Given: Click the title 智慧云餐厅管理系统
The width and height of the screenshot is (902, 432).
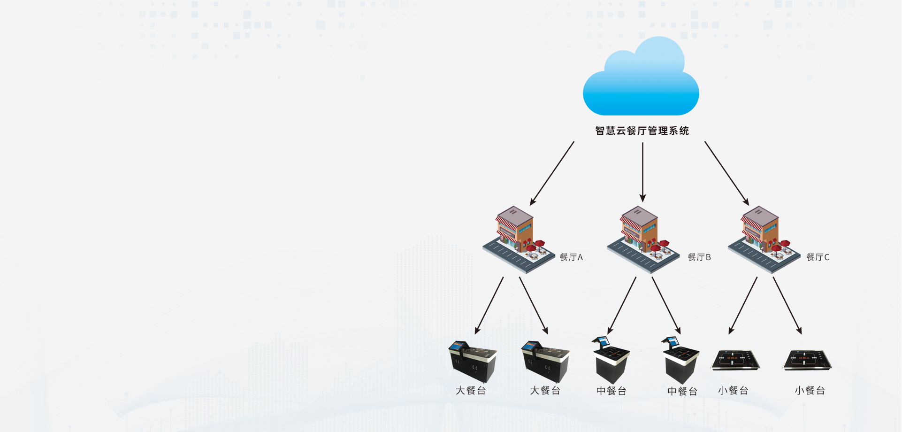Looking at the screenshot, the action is point(642,131).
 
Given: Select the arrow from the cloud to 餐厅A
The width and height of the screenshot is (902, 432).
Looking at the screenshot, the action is point(552,173).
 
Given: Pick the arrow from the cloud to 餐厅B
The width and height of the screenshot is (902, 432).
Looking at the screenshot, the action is point(642,172).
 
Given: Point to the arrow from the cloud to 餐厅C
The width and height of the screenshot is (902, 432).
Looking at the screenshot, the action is point(727,173).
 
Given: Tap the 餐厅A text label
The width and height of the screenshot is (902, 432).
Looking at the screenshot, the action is point(571,257).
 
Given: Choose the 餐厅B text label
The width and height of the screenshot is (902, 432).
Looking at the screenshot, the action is point(699,257).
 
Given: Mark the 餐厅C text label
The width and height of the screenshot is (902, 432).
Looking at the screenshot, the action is point(818,257).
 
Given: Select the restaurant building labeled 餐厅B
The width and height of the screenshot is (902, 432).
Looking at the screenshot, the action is point(643,239).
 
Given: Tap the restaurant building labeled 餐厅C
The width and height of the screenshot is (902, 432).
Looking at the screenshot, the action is point(764,239).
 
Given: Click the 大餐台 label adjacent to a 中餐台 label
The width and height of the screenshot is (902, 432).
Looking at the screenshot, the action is point(545,391).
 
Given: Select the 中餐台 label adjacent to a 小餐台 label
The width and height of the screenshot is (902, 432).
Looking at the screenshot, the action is point(682,391).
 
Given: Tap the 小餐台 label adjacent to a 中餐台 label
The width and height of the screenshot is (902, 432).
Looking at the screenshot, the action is point(733,391).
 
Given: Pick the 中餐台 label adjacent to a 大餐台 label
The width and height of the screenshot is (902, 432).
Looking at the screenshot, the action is point(611,391).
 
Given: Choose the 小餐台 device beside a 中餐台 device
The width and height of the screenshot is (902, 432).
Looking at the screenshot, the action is point(735,361).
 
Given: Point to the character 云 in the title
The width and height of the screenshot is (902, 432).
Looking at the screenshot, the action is point(621,131).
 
